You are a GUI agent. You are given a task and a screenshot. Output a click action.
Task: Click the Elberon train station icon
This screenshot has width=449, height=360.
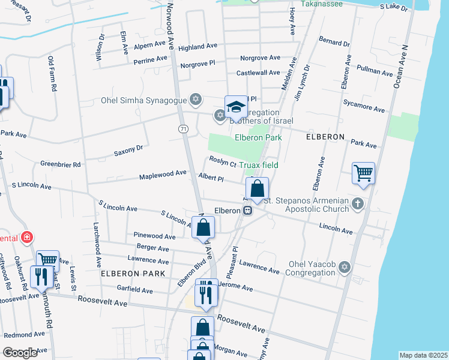[x=247, y=211]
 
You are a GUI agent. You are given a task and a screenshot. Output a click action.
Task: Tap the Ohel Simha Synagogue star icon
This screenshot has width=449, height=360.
[x=194, y=99]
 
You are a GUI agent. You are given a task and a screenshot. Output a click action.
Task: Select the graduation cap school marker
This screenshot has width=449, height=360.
[x=236, y=107]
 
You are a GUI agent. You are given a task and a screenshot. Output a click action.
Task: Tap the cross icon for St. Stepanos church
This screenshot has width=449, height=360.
[x=358, y=203]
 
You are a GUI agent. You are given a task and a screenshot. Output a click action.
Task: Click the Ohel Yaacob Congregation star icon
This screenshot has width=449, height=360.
[x=344, y=267]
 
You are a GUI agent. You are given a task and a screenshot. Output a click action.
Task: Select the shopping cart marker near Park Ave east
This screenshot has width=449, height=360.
[x=364, y=173]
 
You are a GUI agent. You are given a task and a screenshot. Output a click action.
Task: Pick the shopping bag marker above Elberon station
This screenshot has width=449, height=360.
[x=257, y=188]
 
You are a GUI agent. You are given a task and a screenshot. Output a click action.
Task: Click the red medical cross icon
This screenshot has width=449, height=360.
[x=26, y=238]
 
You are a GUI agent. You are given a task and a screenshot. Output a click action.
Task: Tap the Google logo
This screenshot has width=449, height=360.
[x=20, y=352]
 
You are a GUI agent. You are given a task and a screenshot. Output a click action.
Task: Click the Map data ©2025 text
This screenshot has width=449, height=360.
[x=423, y=355]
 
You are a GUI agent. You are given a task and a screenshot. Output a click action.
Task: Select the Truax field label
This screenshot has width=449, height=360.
[x=258, y=165]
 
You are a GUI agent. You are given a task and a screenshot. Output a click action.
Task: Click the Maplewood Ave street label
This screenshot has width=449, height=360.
[x=163, y=173]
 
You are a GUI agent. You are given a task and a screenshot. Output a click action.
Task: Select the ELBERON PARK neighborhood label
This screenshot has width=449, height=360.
[x=133, y=274]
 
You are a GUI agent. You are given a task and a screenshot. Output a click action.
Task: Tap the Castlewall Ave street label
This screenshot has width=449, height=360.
[x=258, y=73]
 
